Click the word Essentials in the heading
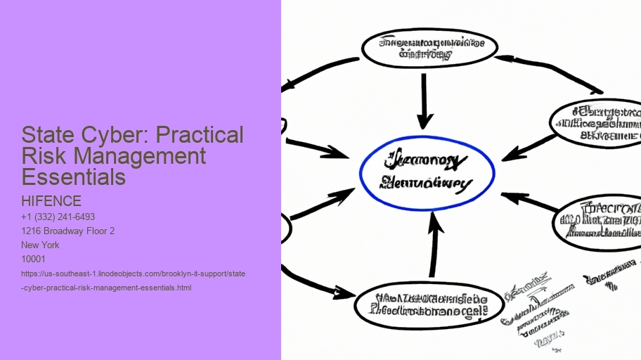click(x=74, y=177)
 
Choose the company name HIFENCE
click(x=51, y=202)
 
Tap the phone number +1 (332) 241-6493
click(x=58, y=217)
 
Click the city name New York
click(x=41, y=245)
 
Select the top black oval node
click(x=429, y=48)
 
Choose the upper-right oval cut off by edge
click(x=597, y=122)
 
